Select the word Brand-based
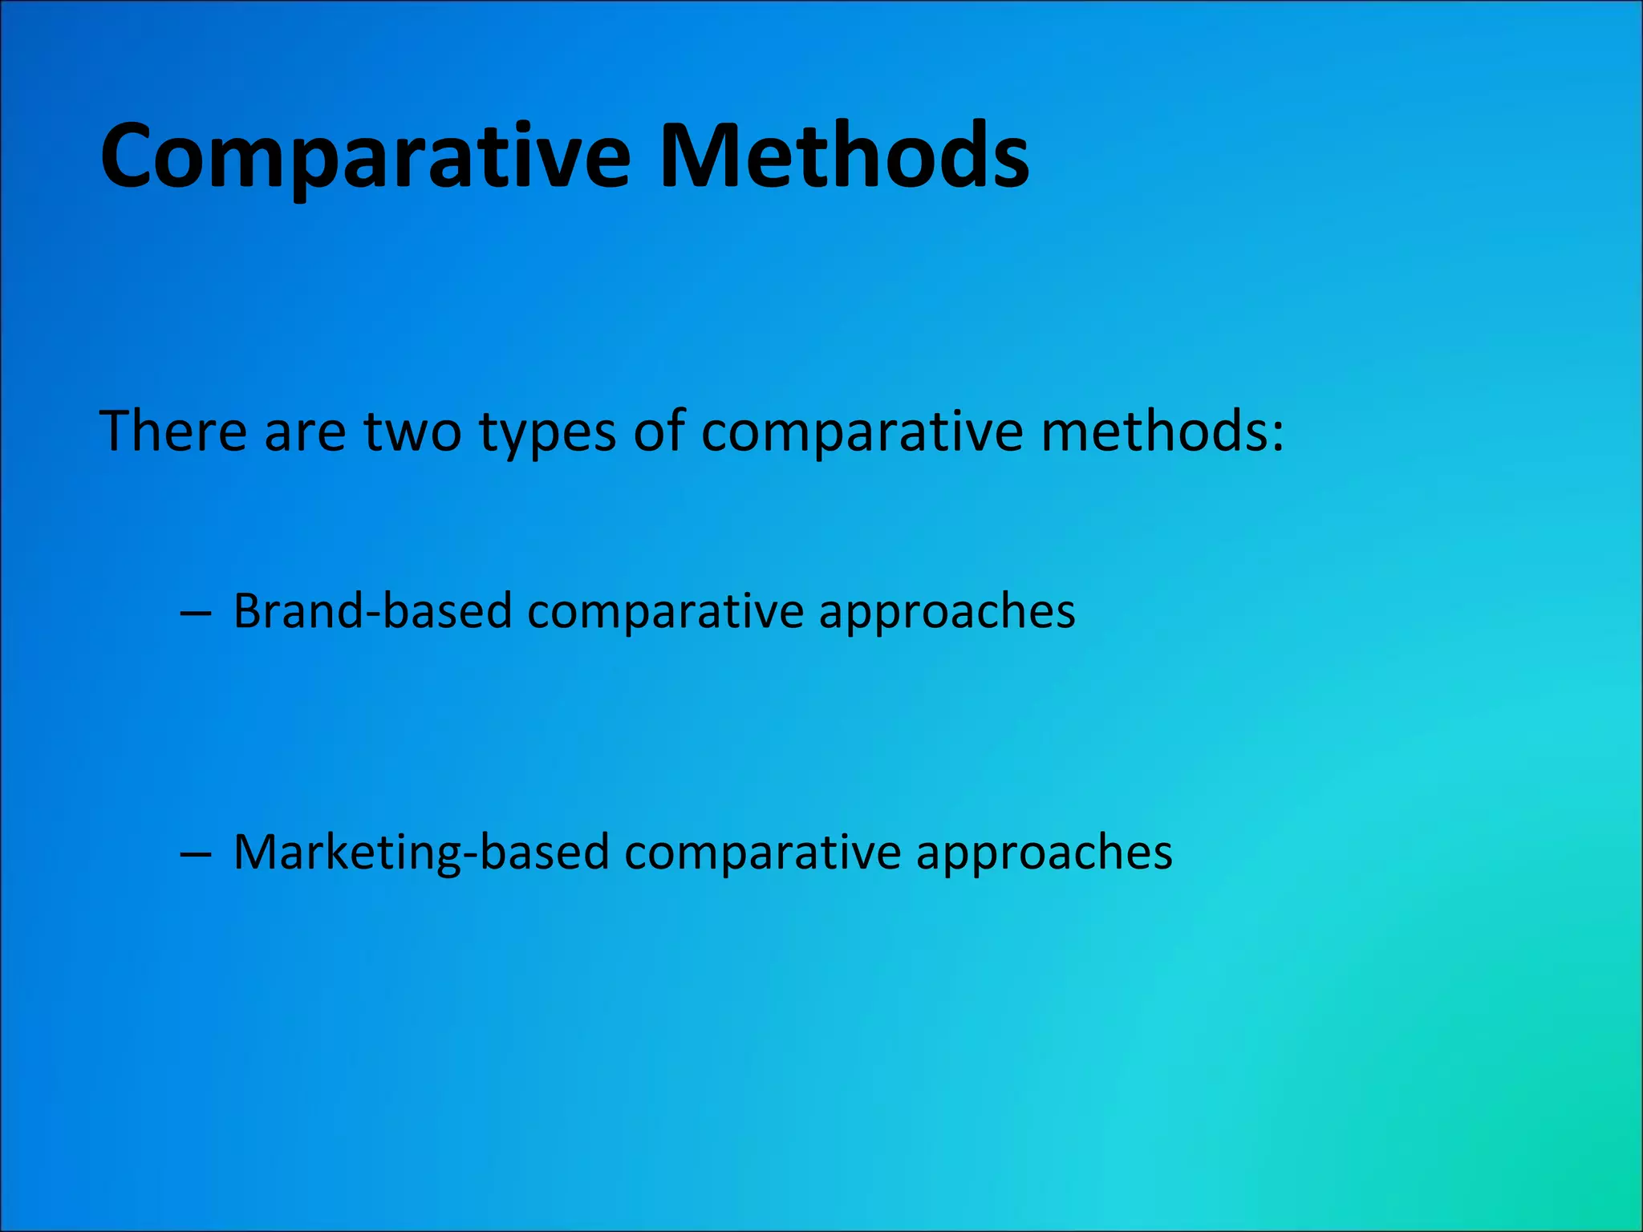[372, 611]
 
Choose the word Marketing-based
[421, 852]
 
